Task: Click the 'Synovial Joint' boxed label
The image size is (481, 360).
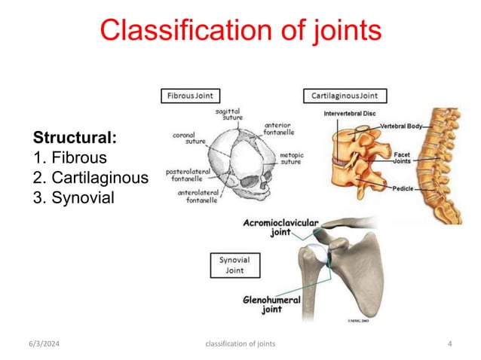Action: pyautogui.click(x=234, y=265)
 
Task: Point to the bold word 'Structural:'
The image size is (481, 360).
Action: pyautogui.click(x=75, y=139)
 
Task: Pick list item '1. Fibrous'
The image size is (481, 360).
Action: pyautogui.click(x=70, y=158)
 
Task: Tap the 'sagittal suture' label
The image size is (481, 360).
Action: pyautogui.click(x=228, y=114)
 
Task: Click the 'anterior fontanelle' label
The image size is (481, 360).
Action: pyautogui.click(x=280, y=129)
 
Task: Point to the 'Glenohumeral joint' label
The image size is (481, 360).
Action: pyautogui.click(x=271, y=304)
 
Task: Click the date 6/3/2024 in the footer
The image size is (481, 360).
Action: pyautogui.click(x=47, y=344)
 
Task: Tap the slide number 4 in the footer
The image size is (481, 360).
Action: pyautogui.click(x=449, y=344)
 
